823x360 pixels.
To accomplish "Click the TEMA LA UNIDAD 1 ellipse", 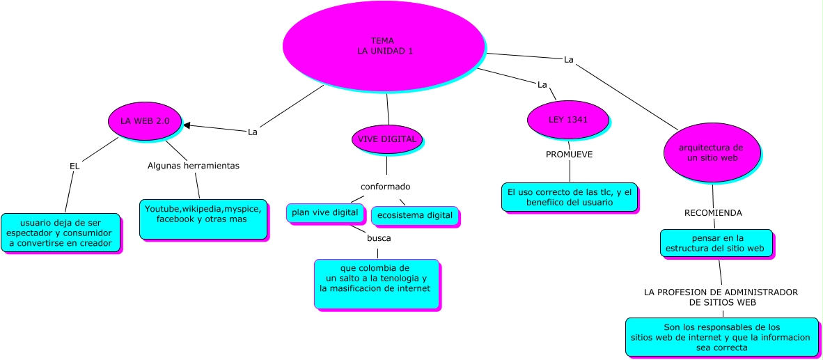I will point(383,45).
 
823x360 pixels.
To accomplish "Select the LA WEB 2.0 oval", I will point(145,120).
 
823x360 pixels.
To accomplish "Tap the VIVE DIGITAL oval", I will point(387,139).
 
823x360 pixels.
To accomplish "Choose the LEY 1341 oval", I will point(568,119).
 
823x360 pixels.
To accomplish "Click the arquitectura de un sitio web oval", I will point(712,152).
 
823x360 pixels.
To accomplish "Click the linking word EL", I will point(75,166).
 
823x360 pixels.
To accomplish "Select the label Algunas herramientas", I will point(194,166).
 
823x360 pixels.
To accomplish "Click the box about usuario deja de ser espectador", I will point(60,233).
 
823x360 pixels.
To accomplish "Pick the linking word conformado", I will point(385,187).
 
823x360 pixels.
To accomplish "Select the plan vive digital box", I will point(324,212).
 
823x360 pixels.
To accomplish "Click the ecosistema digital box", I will point(414,215).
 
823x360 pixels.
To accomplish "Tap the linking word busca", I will point(379,238).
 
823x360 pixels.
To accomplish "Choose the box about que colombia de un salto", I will point(376,283).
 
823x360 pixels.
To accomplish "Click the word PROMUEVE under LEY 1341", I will point(569,155).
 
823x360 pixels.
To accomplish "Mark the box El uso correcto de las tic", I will point(569,196).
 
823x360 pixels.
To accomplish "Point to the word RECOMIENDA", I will point(713,212).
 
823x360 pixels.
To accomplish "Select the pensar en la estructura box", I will point(716,242).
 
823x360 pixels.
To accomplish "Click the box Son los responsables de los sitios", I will point(721,336).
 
